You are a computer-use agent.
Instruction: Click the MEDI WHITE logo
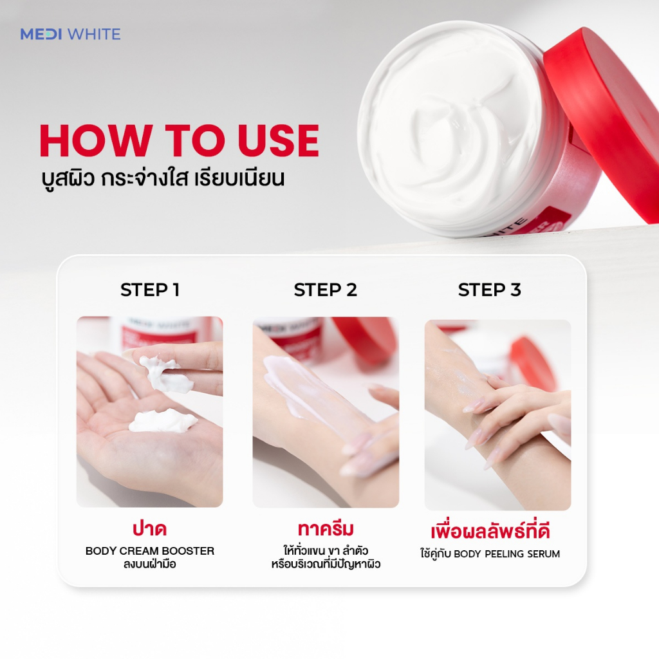[70, 34]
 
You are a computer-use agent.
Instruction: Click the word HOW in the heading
[95, 140]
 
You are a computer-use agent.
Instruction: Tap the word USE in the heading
[278, 140]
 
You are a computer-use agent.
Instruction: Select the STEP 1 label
[150, 290]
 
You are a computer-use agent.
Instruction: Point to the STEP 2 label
[325, 290]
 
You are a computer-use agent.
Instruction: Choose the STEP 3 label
[490, 290]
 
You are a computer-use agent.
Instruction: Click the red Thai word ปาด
[149, 529]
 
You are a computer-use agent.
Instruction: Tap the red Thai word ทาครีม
[326, 529]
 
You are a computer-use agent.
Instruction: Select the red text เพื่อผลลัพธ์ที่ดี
[490, 530]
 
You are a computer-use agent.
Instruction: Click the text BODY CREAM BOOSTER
[149, 551]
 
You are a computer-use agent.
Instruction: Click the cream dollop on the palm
[162, 420]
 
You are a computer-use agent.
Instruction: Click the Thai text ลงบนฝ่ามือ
[149, 564]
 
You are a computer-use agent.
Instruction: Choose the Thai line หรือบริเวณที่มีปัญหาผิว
[326, 564]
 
